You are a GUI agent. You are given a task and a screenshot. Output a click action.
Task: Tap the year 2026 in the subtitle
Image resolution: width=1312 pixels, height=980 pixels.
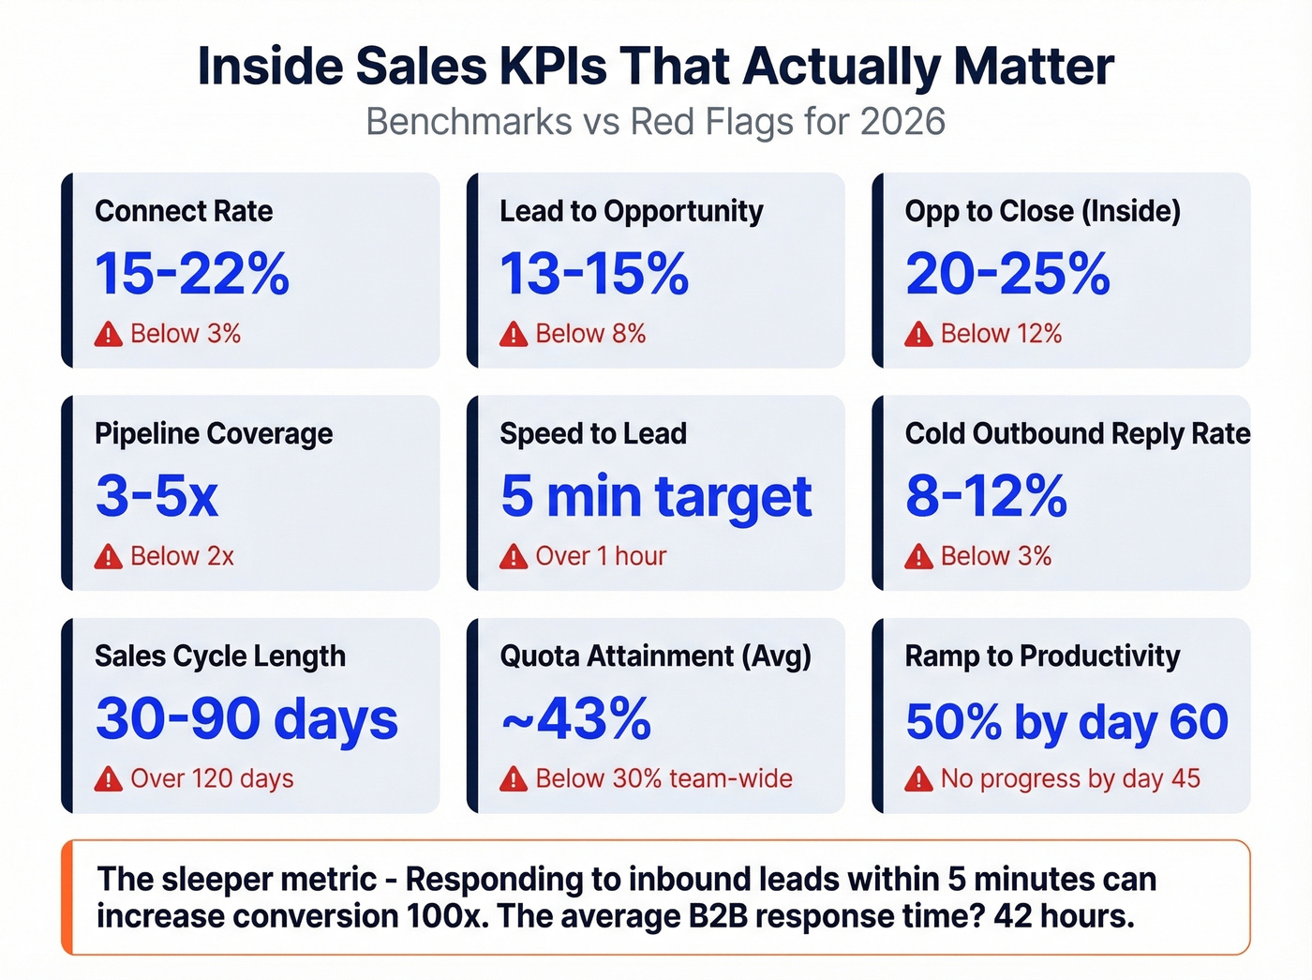click(x=902, y=122)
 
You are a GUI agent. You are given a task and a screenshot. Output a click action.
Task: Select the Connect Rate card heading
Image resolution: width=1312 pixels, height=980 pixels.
click(x=184, y=211)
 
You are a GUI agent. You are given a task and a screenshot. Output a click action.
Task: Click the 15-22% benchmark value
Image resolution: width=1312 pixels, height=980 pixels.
click(x=192, y=273)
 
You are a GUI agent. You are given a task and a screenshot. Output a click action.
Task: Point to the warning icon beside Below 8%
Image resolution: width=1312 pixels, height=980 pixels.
click(x=514, y=334)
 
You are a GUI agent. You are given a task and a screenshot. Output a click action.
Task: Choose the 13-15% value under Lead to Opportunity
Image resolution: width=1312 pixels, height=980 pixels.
click(x=594, y=273)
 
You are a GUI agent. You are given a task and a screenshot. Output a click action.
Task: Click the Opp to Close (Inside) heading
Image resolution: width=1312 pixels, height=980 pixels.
click(x=1042, y=211)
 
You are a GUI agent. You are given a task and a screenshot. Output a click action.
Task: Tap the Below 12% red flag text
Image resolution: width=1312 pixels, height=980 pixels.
click(x=1001, y=334)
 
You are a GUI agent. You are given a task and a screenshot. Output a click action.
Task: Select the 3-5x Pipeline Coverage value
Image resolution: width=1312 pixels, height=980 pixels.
click(x=157, y=495)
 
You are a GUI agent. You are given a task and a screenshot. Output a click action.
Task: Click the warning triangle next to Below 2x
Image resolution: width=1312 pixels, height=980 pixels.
click(x=109, y=557)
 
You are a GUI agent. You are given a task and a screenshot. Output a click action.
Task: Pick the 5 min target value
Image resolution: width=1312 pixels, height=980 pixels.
click(x=656, y=495)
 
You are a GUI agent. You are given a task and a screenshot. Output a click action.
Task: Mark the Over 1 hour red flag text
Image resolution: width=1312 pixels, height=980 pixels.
click(x=601, y=556)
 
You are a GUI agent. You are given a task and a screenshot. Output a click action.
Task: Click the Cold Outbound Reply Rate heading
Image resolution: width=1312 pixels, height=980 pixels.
click(x=1077, y=433)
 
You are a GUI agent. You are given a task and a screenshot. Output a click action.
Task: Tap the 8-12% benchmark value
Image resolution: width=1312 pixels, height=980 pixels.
click(x=986, y=495)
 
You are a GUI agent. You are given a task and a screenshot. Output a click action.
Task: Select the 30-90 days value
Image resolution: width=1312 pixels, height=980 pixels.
click(x=246, y=718)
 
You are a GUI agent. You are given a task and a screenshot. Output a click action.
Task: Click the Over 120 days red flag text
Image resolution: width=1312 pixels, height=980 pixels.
click(x=212, y=778)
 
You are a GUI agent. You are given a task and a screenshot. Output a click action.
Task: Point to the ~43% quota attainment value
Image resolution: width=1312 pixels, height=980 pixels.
click(x=575, y=718)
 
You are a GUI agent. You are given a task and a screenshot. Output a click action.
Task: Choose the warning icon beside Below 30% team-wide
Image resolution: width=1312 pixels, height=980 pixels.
click(x=514, y=779)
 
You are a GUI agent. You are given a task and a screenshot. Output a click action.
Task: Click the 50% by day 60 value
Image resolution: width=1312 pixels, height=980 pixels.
click(x=1066, y=721)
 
